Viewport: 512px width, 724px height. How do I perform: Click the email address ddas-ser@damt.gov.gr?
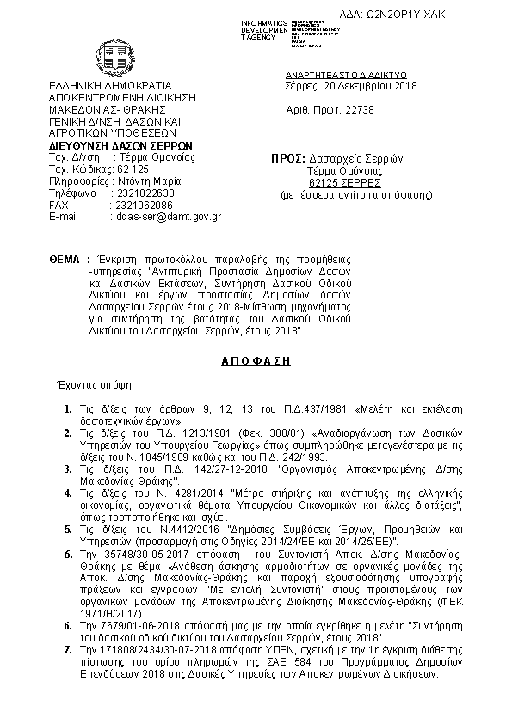[167, 218]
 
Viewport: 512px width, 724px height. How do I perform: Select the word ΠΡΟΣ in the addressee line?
[287, 159]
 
